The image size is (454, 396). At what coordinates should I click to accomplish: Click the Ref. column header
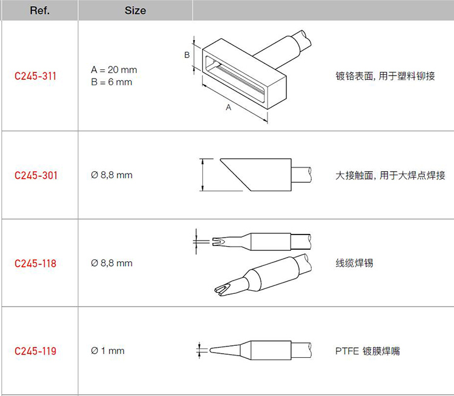click(40, 11)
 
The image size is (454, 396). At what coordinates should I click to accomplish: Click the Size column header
click(135, 11)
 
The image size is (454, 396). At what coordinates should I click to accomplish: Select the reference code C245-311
click(35, 76)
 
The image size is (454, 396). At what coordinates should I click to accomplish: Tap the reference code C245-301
click(36, 175)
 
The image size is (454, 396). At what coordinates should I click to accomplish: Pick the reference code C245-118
click(35, 264)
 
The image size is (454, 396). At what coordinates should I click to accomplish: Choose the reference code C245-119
click(35, 351)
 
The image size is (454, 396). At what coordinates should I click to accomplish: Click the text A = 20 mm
click(114, 70)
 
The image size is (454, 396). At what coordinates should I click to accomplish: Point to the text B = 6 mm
click(111, 82)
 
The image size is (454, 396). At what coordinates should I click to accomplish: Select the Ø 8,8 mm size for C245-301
click(111, 175)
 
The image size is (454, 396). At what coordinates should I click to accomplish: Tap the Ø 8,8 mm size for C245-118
click(111, 263)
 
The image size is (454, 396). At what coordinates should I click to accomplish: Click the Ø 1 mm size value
click(107, 351)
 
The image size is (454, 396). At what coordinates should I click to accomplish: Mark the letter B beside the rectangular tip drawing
click(187, 54)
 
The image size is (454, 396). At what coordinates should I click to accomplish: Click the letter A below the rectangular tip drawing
click(228, 108)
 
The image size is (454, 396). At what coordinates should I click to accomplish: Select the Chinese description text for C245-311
click(386, 76)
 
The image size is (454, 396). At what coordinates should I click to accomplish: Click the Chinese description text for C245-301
click(390, 175)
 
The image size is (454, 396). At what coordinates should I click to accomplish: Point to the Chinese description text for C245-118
click(354, 263)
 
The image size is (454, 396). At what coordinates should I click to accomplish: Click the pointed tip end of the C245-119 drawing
click(210, 350)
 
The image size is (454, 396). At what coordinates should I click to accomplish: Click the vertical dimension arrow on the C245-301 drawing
click(203, 175)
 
